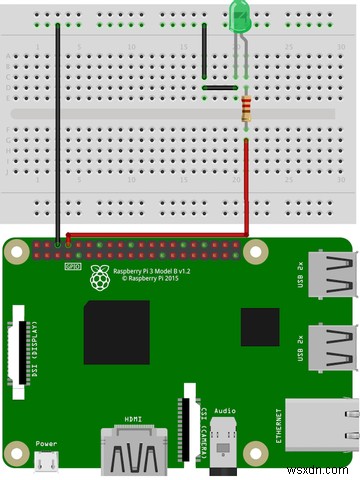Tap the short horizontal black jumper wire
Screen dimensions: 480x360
click(219, 88)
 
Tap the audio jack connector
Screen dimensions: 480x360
click(225, 450)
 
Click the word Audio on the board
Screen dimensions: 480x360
click(225, 410)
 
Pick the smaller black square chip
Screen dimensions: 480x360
click(260, 327)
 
